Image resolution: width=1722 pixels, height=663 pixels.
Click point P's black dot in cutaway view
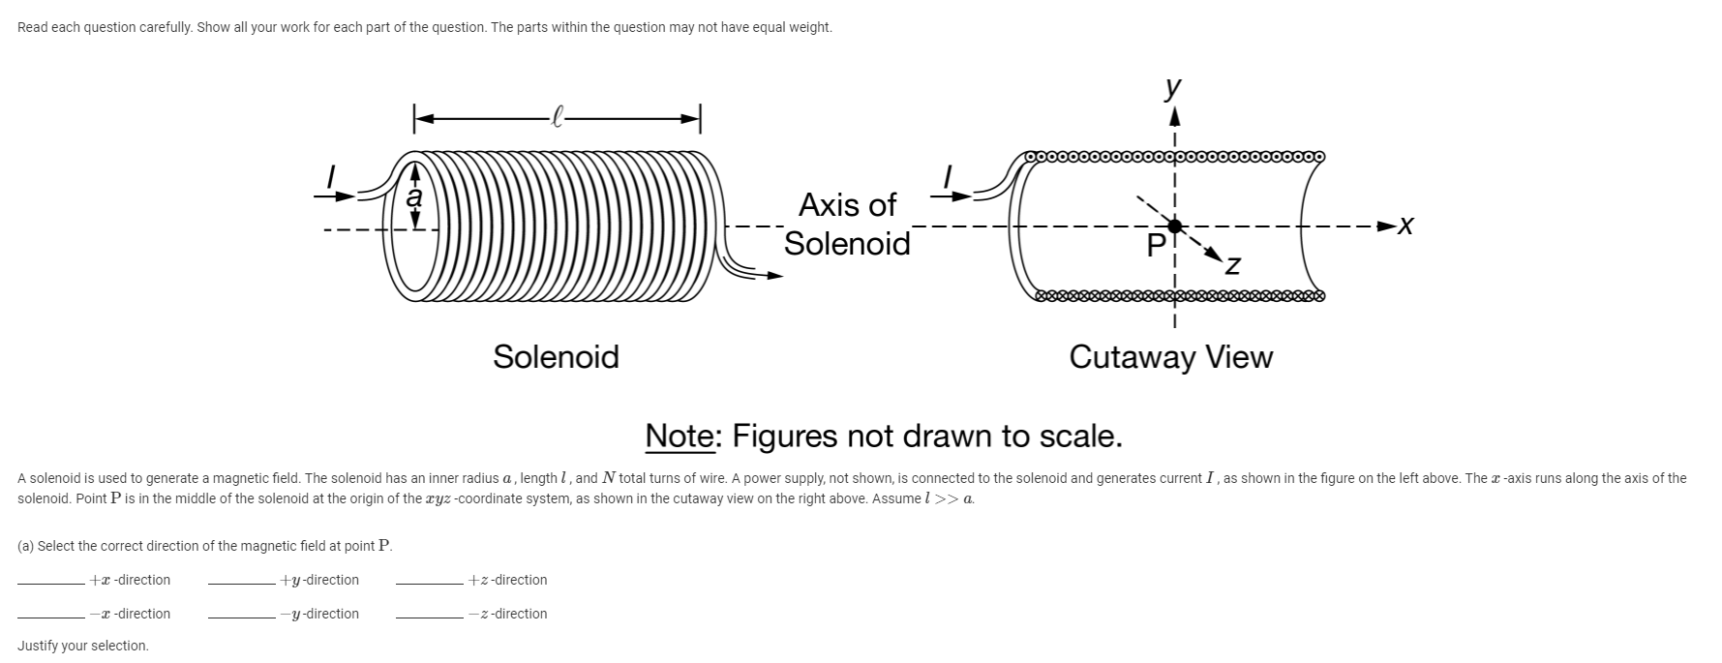pos(1174,226)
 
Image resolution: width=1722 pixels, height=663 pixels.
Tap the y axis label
pos(1173,88)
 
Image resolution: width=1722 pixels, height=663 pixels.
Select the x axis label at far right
pos(1406,226)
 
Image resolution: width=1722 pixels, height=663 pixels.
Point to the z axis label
pos(1232,264)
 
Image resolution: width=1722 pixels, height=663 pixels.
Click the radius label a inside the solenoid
pos(415,196)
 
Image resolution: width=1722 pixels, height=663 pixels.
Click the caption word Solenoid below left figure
pos(556,357)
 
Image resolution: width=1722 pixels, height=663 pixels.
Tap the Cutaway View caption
pos(1170,357)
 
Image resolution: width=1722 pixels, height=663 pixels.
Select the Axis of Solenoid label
pos(847,224)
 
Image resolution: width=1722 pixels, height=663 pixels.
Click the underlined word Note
pos(680,437)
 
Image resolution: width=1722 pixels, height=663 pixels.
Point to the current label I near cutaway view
pos(950,177)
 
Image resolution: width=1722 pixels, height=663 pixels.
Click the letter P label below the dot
pos(1156,247)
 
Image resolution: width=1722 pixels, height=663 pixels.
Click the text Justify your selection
pos(83,646)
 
